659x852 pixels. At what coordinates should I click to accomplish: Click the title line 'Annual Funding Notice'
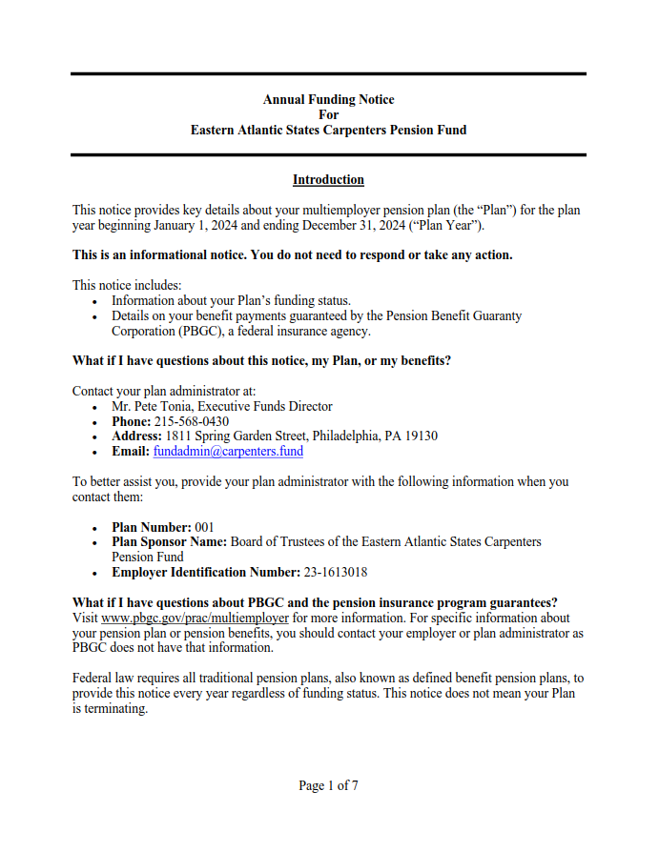328,99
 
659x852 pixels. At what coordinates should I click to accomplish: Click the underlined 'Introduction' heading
328,179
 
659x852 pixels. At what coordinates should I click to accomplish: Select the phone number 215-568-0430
192,421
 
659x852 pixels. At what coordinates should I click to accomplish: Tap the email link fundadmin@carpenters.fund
228,452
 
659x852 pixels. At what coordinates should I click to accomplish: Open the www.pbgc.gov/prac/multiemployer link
181,618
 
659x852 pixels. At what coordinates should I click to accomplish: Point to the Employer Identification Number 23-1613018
336,572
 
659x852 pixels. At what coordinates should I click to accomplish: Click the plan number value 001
204,527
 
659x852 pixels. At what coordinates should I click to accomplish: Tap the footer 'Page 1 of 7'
328,785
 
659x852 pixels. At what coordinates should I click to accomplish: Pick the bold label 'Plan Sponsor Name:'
169,541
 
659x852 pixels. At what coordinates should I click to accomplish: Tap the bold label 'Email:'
131,452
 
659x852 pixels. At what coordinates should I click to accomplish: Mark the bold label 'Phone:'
132,421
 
